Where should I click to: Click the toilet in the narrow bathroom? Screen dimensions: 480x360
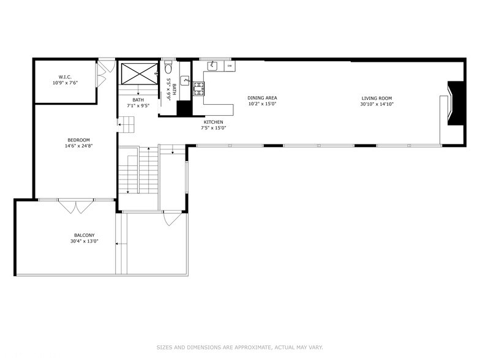tap(168, 67)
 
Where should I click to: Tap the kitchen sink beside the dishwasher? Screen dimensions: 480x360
tap(212, 65)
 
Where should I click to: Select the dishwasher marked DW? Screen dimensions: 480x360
tap(230, 66)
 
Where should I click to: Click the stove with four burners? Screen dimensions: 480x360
tap(198, 89)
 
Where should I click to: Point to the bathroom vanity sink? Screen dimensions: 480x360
tap(185, 81)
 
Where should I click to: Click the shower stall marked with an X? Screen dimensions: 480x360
tap(139, 73)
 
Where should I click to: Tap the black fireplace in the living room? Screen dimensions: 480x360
tap(456, 103)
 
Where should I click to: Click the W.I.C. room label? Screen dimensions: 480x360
tap(65, 77)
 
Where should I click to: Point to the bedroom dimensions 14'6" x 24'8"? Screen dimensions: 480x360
tap(78, 146)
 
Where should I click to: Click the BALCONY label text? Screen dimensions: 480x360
tap(84, 235)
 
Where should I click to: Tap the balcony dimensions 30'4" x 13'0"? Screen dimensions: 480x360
tap(84, 241)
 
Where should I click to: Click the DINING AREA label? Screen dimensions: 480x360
tap(262, 98)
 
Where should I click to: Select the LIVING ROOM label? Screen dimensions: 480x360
tap(377, 98)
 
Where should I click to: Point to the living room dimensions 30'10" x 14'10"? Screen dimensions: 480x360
tap(377, 104)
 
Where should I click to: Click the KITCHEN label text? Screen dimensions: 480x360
tap(213, 122)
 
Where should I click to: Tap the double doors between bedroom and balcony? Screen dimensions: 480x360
tap(76, 206)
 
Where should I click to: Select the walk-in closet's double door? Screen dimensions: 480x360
tap(102, 75)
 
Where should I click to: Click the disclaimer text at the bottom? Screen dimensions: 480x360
tap(240, 348)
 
